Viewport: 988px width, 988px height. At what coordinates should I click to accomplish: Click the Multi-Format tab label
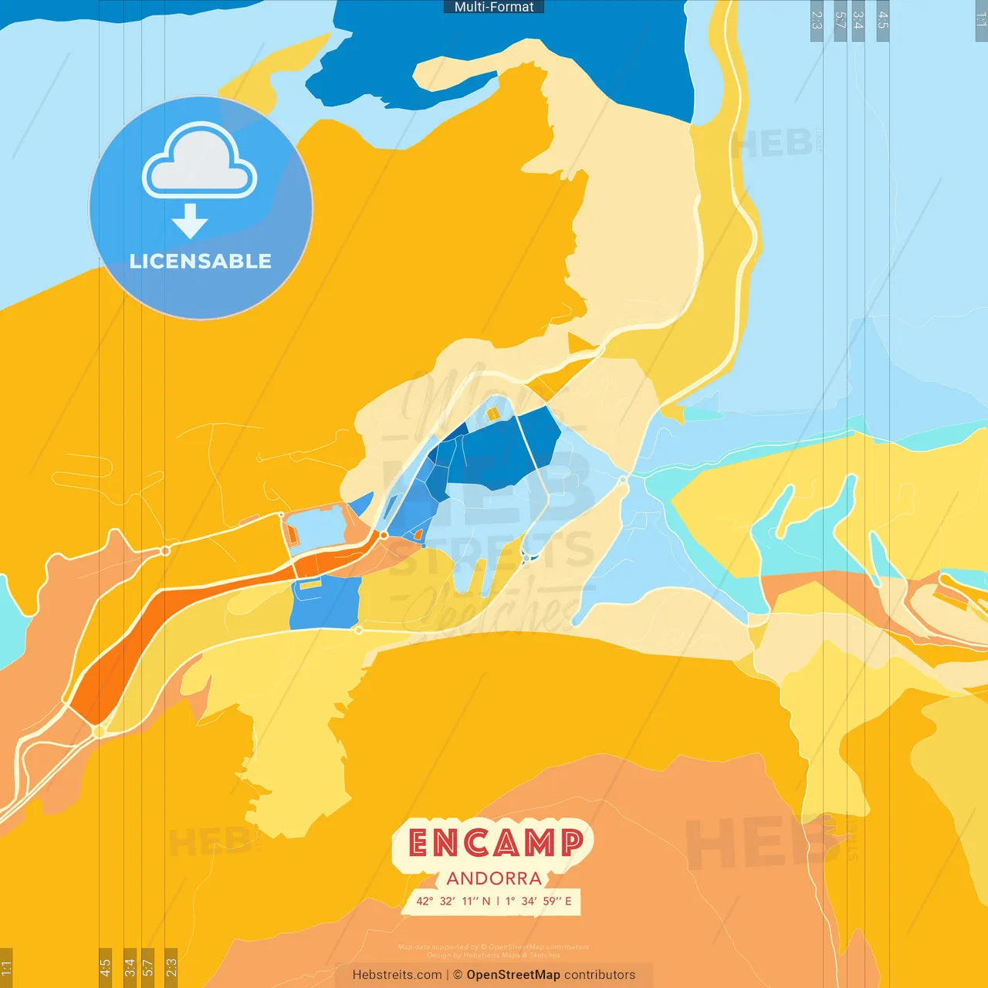[494, 7]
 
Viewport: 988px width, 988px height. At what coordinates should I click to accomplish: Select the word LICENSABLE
[201, 261]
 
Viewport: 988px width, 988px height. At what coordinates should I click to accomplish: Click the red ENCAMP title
[495, 843]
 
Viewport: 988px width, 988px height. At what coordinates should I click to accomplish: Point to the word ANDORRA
[494, 878]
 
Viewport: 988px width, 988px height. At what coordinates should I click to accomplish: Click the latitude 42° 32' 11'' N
[453, 901]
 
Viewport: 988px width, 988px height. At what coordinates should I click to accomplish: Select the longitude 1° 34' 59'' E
[539, 901]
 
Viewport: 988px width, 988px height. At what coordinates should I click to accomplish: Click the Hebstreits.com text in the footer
[397, 975]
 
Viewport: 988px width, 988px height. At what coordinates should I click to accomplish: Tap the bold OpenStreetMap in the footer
[513, 975]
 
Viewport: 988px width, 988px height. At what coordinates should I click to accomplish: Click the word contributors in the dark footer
[600, 975]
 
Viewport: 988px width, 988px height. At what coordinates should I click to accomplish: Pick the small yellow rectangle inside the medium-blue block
[310, 585]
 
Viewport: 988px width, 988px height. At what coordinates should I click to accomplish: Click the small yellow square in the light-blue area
[493, 414]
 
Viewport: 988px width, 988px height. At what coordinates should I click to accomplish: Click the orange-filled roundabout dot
[384, 534]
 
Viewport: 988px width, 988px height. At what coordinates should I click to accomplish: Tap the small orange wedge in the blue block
[418, 534]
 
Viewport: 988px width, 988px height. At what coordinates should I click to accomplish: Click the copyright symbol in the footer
[458, 975]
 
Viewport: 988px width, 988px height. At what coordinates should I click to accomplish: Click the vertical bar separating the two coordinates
[498, 901]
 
